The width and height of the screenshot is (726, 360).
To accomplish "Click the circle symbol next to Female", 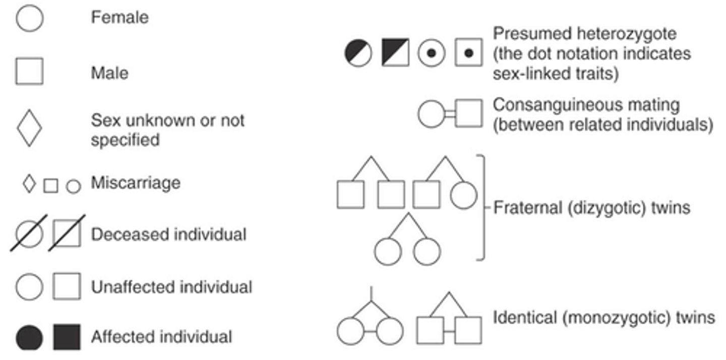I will click(x=30, y=19).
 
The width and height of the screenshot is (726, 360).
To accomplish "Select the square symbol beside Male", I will click(x=29, y=71).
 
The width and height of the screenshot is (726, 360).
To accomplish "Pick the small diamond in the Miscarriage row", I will click(x=30, y=184).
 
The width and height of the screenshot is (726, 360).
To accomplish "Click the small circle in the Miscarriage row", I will click(x=74, y=187).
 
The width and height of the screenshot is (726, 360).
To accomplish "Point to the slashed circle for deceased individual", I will click(x=30, y=233).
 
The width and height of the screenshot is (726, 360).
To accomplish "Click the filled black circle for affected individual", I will click(x=30, y=337).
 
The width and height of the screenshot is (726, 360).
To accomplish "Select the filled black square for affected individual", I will click(x=67, y=337).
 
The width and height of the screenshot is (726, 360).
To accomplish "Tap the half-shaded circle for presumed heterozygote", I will click(x=358, y=52).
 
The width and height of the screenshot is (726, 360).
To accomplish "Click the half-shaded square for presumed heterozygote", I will click(x=395, y=52).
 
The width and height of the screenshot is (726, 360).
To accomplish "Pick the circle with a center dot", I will click(x=432, y=52).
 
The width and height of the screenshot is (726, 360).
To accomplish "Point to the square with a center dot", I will click(x=468, y=52).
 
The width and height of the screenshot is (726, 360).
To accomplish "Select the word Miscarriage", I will click(x=135, y=183).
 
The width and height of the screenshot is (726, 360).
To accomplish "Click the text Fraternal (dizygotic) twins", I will click(x=591, y=208).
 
